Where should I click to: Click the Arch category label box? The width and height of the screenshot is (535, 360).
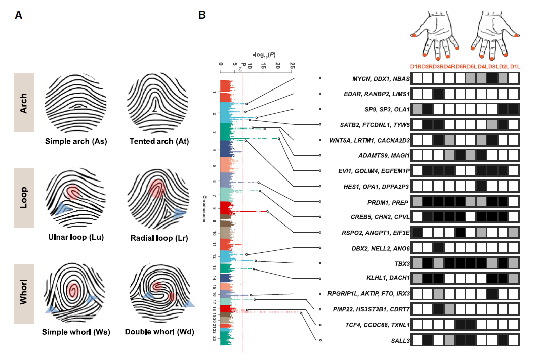tap(24, 103)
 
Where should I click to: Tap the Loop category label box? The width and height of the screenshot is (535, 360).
tap(24, 198)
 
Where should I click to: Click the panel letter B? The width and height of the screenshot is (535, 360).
tap(202, 15)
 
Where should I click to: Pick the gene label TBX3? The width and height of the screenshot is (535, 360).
tap(399, 263)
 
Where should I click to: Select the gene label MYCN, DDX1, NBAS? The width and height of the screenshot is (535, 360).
tap(381, 79)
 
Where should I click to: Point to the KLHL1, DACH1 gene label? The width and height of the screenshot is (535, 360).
tap(387, 278)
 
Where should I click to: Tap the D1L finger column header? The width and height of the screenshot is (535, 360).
tap(514, 67)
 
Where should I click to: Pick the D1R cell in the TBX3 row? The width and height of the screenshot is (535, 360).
tap(417, 263)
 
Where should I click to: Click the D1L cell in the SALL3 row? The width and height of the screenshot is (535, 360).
tap(514, 340)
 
